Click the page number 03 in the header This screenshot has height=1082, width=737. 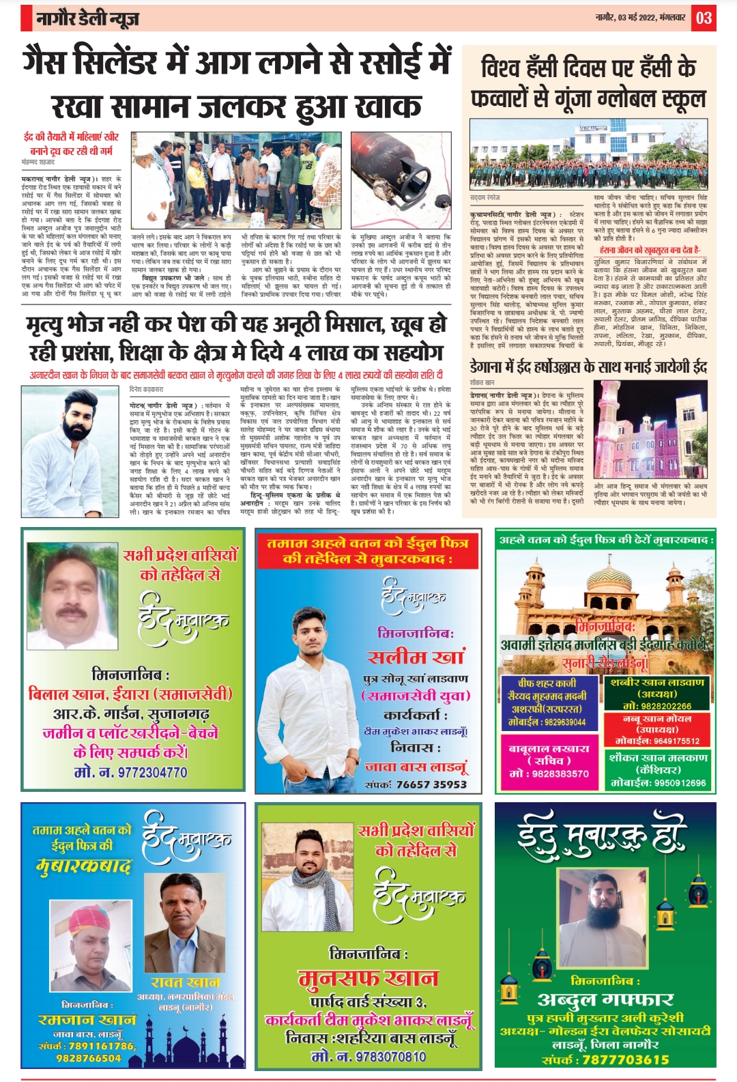[704, 18]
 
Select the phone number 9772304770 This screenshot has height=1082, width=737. [130, 772]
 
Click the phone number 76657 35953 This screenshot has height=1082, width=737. [431, 784]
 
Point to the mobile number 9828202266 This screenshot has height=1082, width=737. [657, 706]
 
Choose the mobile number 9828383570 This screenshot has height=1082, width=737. [549, 773]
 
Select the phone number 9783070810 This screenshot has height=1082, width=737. [369, 1056]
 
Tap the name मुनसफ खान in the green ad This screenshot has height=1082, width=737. [368, 978]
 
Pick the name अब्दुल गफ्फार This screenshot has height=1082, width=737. [605, 999]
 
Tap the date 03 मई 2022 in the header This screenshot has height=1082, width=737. [628, 18]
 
